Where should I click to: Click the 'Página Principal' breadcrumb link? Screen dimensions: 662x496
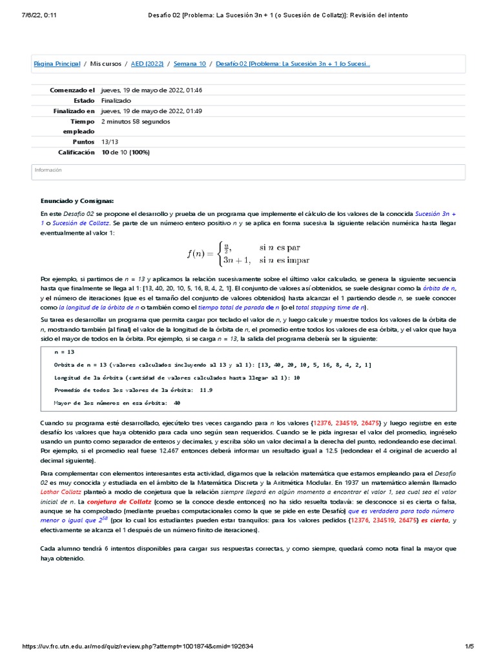57,64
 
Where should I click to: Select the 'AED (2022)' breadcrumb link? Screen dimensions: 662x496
147,64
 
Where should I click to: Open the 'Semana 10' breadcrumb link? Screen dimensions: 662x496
189,64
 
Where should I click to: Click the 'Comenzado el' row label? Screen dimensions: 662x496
72,91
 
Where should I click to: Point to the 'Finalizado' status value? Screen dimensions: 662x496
116,101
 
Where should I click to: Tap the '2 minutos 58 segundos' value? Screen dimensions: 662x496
136,121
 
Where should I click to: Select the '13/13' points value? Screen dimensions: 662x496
110,142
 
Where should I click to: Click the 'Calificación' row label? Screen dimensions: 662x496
76,152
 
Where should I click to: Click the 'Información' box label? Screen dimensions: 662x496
48,170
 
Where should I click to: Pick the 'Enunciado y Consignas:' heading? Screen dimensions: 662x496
77,201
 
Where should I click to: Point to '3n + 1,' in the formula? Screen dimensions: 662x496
236,260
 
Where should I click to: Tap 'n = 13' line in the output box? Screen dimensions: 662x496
64,352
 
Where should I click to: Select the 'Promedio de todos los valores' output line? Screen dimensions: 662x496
133,390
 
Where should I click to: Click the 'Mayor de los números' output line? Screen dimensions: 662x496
108,403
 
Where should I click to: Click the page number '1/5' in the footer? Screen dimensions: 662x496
470,646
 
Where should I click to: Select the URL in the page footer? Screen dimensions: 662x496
137,646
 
